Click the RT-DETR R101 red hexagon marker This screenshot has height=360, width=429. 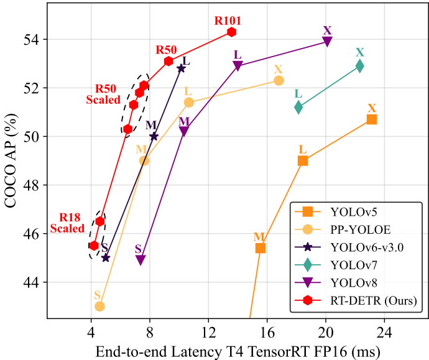point(231,32)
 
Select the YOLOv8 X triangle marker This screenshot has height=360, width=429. point(327,42)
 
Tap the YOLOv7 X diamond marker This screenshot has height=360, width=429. point(359,65)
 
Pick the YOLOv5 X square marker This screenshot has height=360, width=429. point(372,119)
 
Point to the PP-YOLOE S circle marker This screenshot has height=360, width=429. point(99,306)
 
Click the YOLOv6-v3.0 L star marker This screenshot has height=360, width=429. point(181,68)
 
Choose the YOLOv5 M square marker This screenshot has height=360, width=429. point(261,248)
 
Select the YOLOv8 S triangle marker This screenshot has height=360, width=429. point(141,260)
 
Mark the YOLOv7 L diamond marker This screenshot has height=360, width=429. point(298,108)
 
